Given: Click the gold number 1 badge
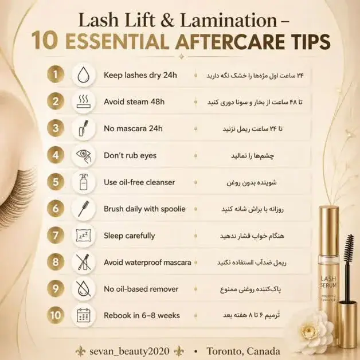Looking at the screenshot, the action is point(56,74).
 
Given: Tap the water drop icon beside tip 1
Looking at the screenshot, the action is point(83,75).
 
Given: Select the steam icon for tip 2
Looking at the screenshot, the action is point(83,101).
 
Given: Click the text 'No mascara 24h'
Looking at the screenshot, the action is point(133,128).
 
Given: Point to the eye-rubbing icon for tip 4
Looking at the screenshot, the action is point(83,156).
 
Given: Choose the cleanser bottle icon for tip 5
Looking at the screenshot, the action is point(84,182).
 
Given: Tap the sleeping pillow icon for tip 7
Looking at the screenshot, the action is point(83,236).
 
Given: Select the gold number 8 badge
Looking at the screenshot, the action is point(56,262).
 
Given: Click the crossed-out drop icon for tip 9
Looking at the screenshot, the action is point(83,289).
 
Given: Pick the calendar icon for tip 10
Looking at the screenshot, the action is point(83,315).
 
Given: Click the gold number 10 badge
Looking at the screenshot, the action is point(56,315).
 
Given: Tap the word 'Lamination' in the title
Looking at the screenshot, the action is point(229,21).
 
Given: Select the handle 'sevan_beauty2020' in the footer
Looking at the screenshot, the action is point(130,351).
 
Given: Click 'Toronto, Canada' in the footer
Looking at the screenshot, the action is point(244,351).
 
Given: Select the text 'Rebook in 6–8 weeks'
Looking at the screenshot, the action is point(142,315).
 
